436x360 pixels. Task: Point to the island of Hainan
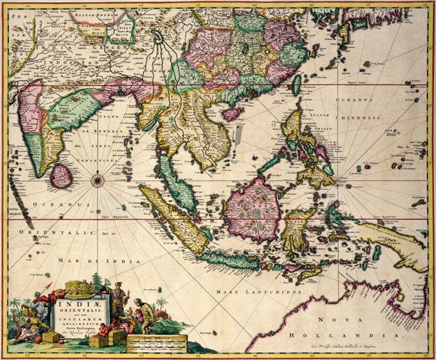[233, 113]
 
